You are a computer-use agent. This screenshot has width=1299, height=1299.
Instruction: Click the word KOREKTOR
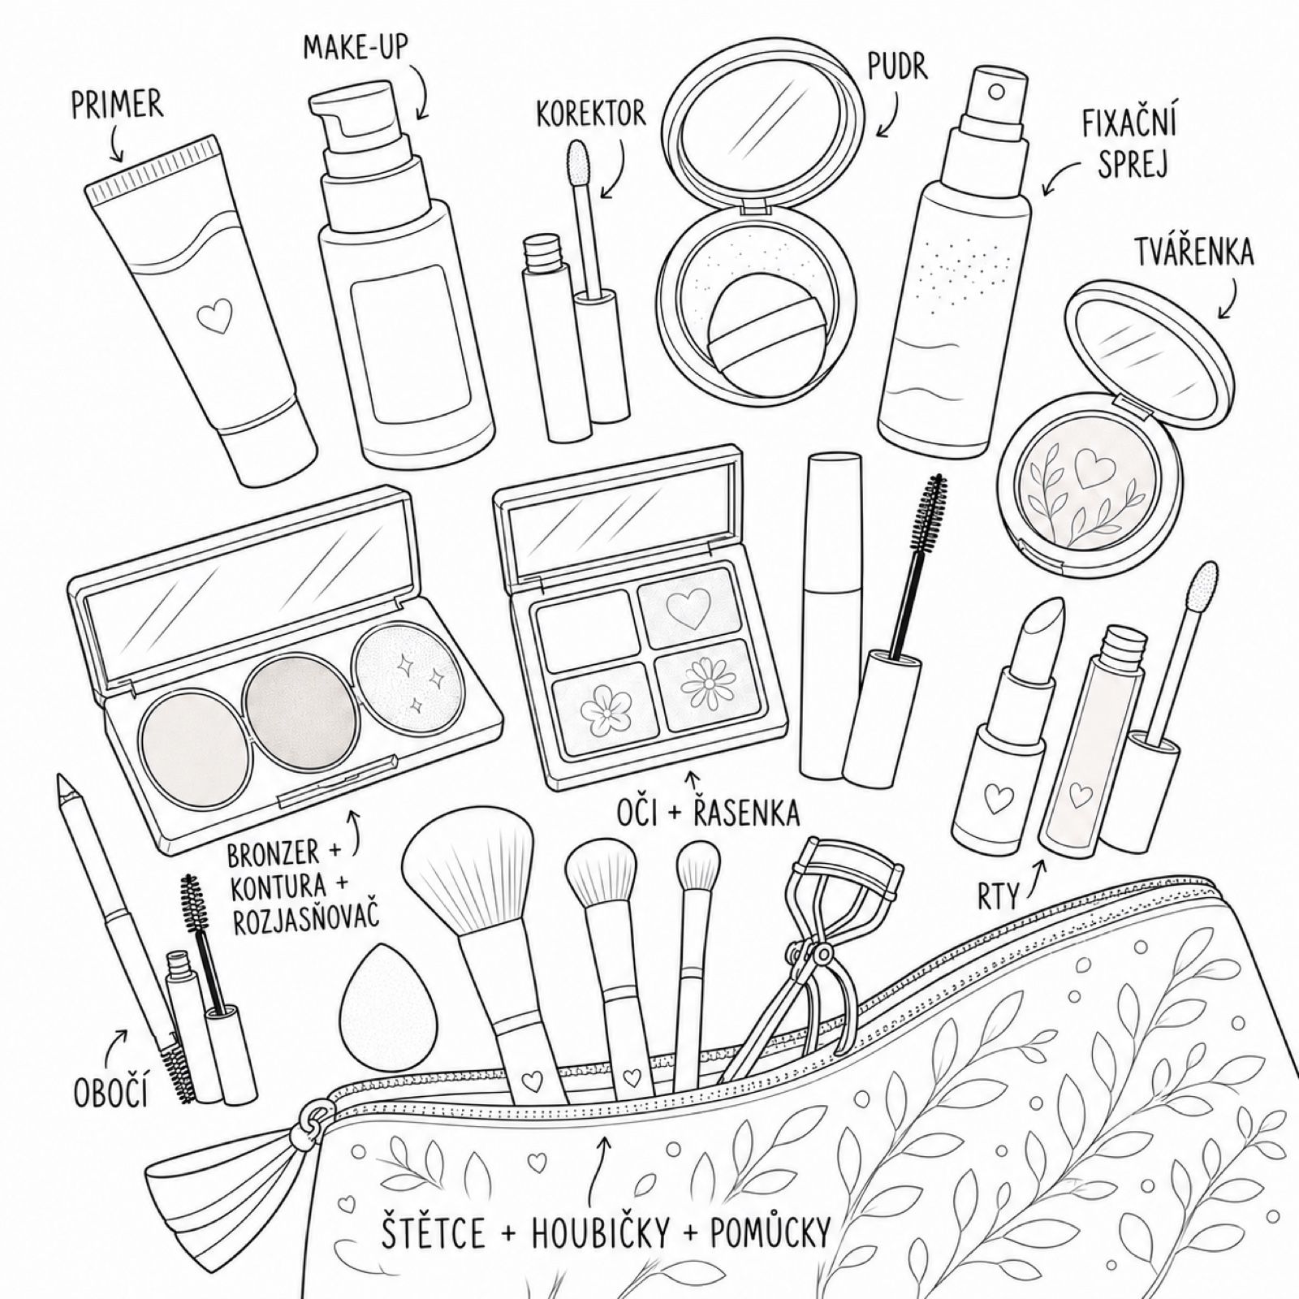pyautogui.click(x=591, y=114)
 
